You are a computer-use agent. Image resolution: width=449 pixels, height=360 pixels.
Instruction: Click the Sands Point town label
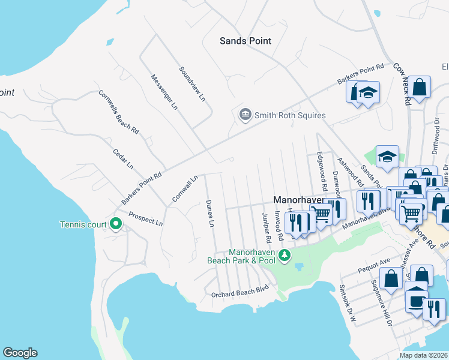tap(246, 41)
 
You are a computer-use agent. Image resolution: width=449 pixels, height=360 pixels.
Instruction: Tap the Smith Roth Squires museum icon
tap(244, 115)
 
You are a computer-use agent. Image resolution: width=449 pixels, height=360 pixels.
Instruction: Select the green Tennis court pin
tap(116, 224)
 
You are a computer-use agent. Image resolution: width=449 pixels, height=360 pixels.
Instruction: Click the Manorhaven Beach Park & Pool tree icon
tap(285, 256)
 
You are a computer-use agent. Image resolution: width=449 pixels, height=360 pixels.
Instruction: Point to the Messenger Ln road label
tap(164, 92)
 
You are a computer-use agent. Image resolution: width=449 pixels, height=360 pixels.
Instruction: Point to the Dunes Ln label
tap(209, 214)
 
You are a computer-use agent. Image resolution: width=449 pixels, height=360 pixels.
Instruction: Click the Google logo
tap(20, 353)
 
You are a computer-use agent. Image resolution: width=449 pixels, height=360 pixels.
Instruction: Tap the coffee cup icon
tap(415, 301)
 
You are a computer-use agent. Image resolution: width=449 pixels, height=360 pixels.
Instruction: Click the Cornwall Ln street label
tap(184, 188)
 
